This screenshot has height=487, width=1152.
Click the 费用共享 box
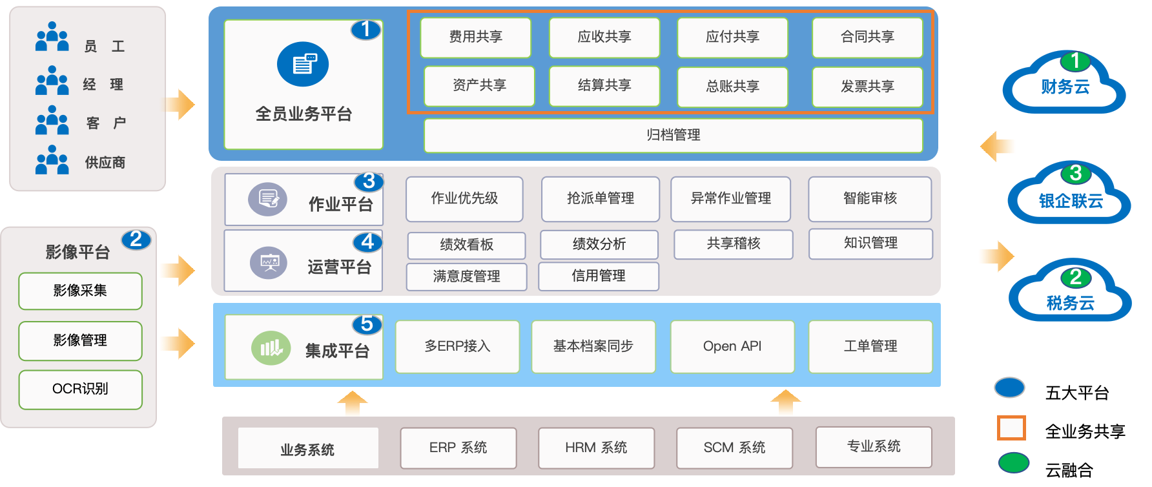pos(475,37)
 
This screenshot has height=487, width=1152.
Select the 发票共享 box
pos(867,87)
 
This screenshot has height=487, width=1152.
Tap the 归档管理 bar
pos(673,135)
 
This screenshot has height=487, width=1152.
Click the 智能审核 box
pos(869,198)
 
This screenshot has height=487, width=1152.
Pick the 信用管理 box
pos(598,276)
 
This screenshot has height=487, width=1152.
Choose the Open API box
pos(732,346)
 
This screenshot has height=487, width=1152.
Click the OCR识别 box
pos(80,389)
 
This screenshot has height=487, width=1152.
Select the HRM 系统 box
pos(595,448)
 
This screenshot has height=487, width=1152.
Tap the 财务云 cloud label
pos(1065,87)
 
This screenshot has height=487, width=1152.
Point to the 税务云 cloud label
pos(1070,303)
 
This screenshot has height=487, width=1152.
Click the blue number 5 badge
pos(367,324)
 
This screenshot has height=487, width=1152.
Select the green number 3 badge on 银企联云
pos(1075,173)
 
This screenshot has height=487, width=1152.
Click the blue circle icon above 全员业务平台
pos(303,64)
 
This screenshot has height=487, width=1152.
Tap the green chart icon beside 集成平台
pos(271,348)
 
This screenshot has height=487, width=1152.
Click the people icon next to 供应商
pos(52,160)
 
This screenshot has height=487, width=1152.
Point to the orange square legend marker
pos(1011,428)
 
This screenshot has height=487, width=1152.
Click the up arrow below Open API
pos(785,403)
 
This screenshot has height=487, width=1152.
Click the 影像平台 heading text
pos(77,252)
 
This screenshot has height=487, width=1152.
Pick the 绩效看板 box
pos(466,245)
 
